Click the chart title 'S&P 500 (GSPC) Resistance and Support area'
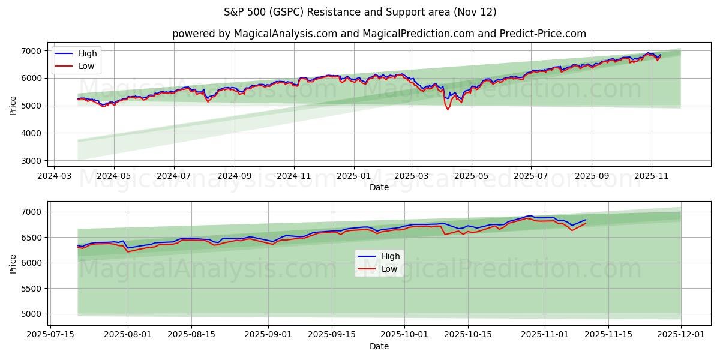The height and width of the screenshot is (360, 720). point(360,12)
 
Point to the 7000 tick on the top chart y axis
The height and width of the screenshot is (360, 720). point(31,51)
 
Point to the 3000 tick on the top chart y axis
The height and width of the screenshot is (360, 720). point(31,161)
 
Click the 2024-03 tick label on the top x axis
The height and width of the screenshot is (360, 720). point(55,176)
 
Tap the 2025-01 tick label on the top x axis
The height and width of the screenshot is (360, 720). point(353,176)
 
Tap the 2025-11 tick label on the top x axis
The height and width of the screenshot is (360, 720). point(652,176)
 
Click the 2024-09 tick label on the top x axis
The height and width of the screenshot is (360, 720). point(234,176)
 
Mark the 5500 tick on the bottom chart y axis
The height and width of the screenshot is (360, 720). point(31,289)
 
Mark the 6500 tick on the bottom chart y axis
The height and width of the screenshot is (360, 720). point(31,238)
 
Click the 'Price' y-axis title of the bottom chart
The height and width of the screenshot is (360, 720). point(13,263)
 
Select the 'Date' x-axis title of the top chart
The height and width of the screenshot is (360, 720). point(379,187)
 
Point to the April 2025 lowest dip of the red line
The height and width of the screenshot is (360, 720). point(447,110)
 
